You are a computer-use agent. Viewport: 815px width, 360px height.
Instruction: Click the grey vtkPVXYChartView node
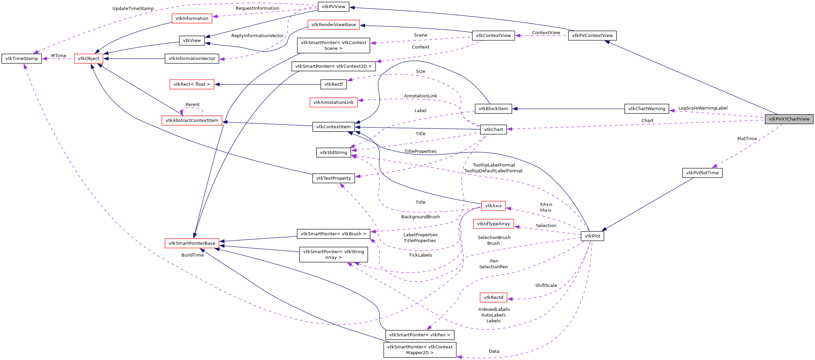pos(789,119)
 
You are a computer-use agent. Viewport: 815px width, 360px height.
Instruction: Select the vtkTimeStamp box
pos(22,59)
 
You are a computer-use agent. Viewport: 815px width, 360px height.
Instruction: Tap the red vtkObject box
pos(88,59)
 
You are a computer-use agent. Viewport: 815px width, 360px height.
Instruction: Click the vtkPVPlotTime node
pos(702,173)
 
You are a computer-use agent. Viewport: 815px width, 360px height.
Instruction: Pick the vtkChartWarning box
pos(646,109)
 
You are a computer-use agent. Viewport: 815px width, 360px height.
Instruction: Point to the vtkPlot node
pos(592,236)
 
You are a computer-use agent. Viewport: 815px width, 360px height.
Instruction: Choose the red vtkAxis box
pos(493,206)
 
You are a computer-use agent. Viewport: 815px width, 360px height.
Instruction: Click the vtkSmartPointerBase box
pos(192,243)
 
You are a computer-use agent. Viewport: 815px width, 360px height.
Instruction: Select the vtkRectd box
pos(493,298)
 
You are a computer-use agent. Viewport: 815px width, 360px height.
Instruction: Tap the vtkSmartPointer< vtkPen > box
pos(420,335)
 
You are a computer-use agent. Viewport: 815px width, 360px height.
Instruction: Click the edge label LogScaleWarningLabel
pos(703,108)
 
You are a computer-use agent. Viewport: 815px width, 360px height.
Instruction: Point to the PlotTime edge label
pos(747,139)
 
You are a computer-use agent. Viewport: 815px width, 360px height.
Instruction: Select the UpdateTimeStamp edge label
pos(133,8)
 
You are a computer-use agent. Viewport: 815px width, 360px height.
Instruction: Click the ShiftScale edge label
pos(546,285)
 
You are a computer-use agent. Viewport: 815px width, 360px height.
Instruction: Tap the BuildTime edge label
pos(192,255)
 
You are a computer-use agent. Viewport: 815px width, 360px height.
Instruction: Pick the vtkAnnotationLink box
pos(333,103)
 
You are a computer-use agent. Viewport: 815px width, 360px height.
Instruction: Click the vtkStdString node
pos(333,153)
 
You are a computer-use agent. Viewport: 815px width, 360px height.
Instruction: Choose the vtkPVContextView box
pos(592,36)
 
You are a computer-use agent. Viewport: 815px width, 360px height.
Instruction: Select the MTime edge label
pos(59,56)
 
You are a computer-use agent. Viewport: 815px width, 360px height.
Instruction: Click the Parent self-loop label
pos(192,105)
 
